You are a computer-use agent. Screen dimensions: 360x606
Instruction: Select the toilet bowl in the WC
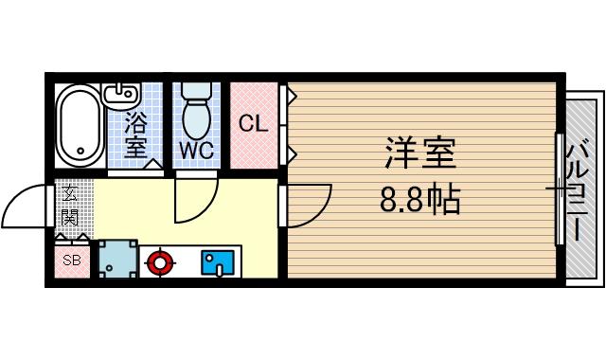197,119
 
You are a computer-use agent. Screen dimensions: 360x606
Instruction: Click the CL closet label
252,123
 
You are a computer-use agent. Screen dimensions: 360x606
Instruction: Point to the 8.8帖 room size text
419,200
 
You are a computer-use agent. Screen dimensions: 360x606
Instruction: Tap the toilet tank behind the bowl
197,90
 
